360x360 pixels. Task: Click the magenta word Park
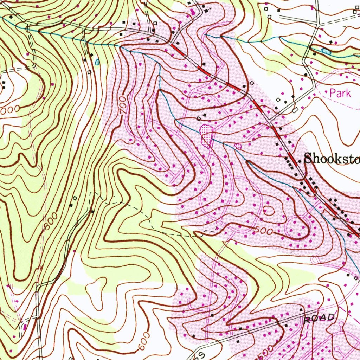click(x=340, y=93)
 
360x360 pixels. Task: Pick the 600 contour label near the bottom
click(x=144, y=341)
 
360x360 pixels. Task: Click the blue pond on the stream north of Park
click(x=326, y=51)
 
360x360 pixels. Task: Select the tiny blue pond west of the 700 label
click(x=97, y=62)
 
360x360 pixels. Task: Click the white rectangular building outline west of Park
click(x=295, y=110)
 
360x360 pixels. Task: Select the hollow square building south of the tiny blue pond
click(x=89, y=72)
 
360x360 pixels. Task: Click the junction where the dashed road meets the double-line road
click(x=92, y=211)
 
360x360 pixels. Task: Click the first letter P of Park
click(x=332, y=93)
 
